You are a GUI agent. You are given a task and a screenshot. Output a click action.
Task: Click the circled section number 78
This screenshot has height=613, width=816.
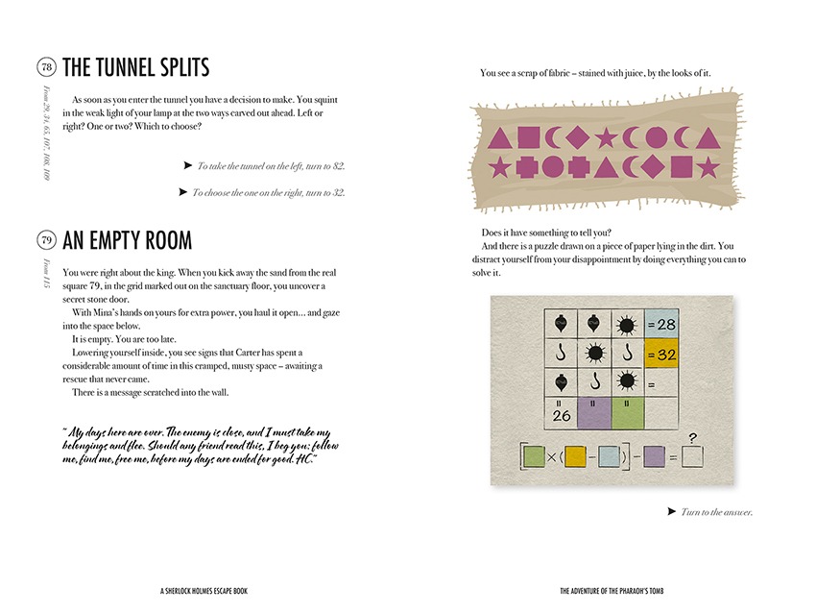point(46,67)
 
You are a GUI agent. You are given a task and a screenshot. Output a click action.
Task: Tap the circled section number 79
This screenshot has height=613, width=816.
point(46,240)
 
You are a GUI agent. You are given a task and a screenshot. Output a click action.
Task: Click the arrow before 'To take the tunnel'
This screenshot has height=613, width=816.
point(188,165)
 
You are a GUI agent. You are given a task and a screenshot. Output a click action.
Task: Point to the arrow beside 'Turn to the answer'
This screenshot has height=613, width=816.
point(671,511)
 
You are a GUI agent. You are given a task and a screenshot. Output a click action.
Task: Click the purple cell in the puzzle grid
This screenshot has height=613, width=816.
point(593,414)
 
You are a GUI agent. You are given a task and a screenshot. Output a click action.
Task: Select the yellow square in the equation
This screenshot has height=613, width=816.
point(577,456)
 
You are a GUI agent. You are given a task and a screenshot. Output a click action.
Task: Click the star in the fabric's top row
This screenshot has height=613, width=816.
point(605,137)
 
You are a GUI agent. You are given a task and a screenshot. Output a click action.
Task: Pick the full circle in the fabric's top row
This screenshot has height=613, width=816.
point(655,137)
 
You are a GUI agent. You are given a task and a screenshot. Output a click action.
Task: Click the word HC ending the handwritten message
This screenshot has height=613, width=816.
point(304,459)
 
